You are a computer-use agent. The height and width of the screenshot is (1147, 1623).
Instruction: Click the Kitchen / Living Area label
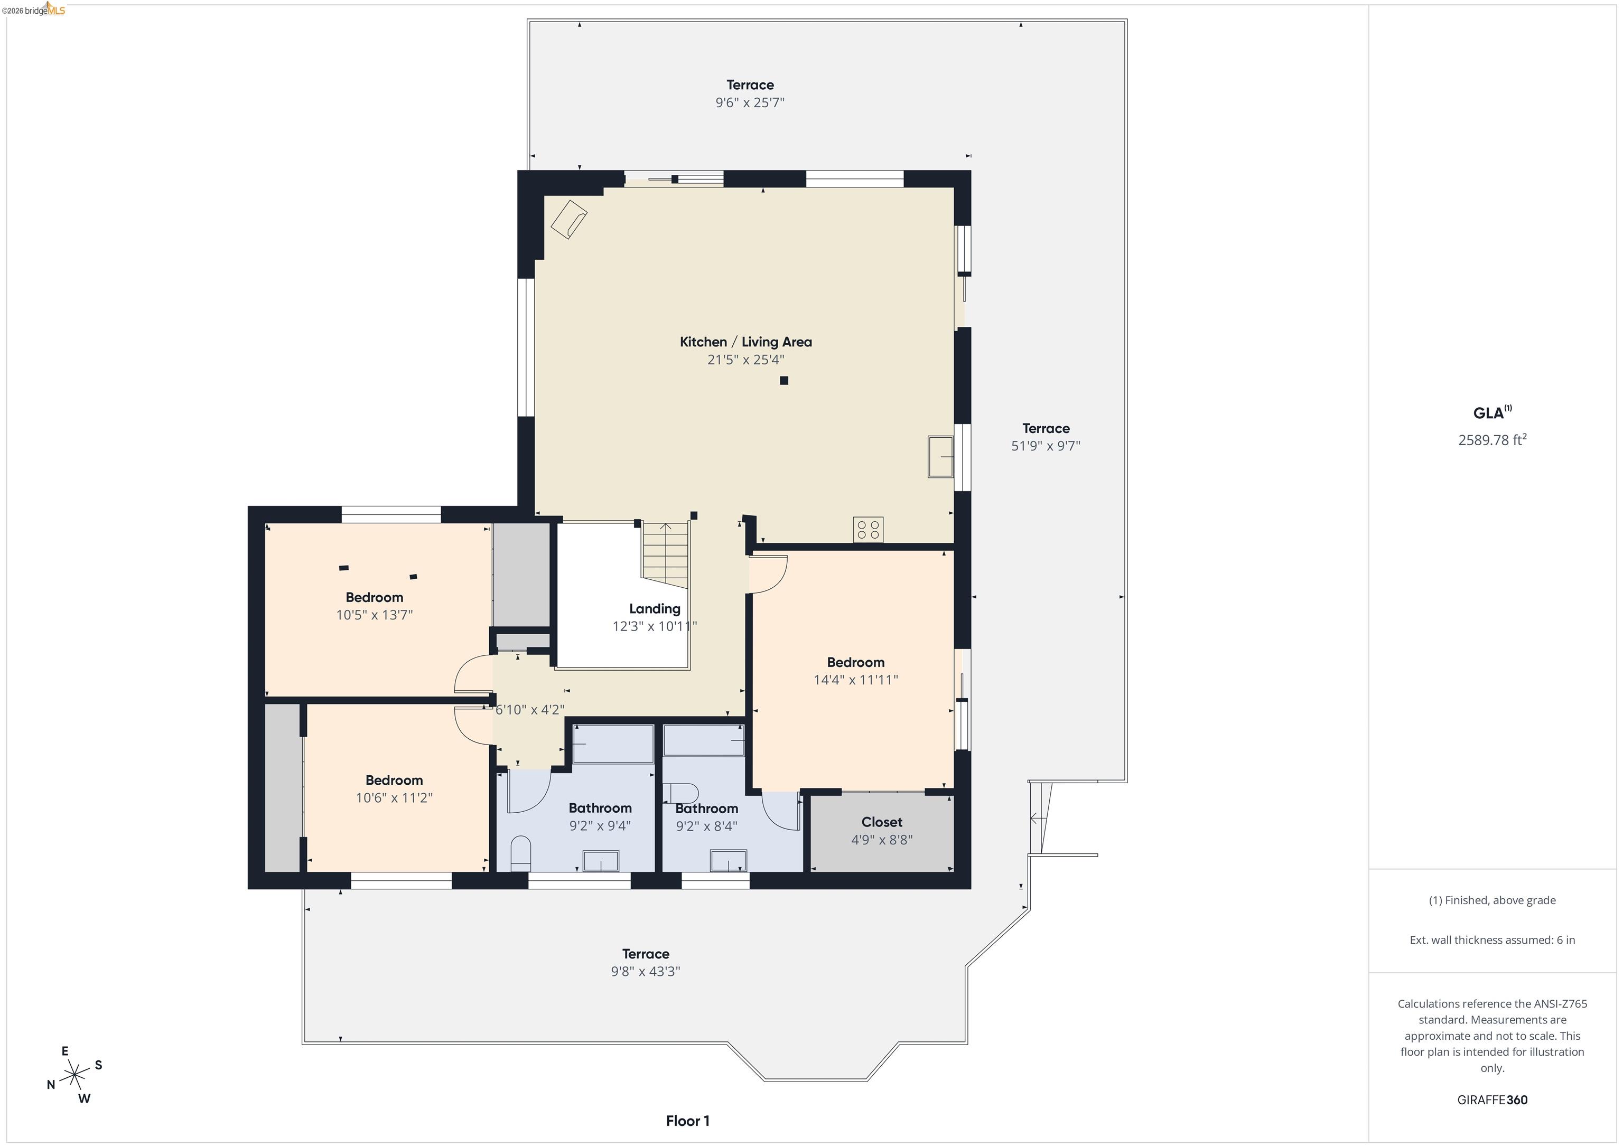point(746,342)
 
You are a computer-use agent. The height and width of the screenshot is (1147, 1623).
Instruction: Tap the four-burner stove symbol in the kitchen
point(868,530)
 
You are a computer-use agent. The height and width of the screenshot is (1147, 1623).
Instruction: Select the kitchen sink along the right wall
point(941,457)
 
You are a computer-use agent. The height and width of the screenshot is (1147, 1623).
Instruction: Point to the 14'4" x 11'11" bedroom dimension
point(855,680)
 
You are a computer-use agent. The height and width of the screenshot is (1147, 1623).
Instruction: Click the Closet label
point(881,822)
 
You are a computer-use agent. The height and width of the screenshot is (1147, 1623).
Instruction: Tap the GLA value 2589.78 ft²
point(1491,440)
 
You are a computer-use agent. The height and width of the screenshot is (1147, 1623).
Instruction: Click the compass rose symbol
point(74,1076)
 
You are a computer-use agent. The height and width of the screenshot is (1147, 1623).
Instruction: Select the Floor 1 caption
point(687,1121)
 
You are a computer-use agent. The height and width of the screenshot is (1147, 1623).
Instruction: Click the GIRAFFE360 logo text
point(1491,1099)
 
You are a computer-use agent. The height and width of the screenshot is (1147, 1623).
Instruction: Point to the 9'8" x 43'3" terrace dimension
point(646,972)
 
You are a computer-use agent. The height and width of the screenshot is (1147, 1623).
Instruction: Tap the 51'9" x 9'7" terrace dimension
point(1046,446)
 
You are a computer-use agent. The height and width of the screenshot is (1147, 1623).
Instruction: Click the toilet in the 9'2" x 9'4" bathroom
point(520,852)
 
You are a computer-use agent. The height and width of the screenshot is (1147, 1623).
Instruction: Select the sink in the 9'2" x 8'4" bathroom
point(728,861)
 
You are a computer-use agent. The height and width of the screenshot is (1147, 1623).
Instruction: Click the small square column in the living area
point(784,381)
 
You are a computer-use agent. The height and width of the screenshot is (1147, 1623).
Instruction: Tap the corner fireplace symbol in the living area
point(568,219)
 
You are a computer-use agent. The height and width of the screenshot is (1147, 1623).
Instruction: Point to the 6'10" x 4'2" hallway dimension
point(529,710)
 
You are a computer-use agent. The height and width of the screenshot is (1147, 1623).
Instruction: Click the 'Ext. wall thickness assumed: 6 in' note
point(1491,940)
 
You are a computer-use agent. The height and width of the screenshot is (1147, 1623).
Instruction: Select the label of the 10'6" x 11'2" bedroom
point(394,780)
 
